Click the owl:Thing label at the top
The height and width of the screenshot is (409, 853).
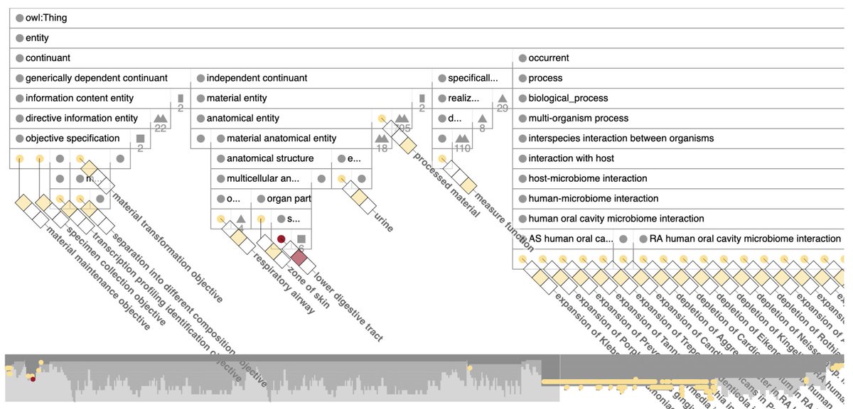tap(46, 18)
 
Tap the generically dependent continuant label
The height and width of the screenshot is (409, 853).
tap(97, 78)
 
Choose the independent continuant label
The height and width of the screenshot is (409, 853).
tap(257, 78)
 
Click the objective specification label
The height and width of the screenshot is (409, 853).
tap(73, 138)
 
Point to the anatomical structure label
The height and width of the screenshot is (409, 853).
tap(270, 158)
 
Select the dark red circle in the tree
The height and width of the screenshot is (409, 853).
tap(281, 239)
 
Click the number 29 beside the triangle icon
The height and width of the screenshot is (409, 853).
tap(503, 108)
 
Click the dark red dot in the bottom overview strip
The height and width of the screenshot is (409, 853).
tap(33, 378)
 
